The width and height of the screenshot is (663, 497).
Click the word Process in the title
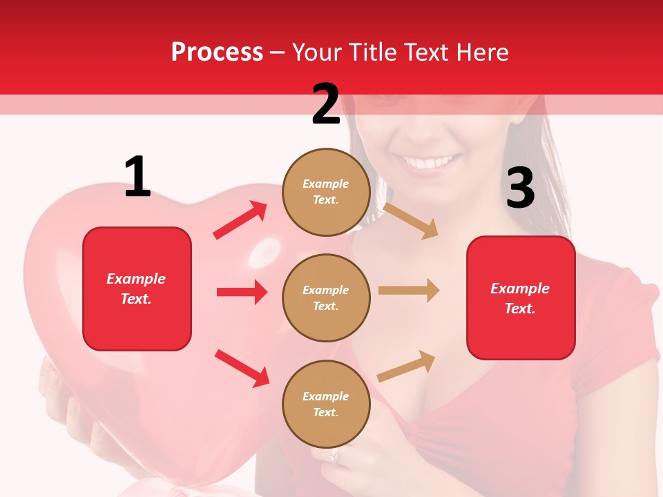point(217,52)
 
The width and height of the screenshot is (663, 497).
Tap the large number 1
point(137,177)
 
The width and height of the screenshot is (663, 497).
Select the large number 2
point(326,104)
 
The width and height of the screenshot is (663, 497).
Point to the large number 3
point(521,188)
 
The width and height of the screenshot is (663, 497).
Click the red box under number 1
point(137,289)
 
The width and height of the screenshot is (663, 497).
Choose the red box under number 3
point(521,298)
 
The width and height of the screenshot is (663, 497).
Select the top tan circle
point(326,192)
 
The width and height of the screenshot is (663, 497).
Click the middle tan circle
point(326,298)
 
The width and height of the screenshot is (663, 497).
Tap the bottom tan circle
point(326,405)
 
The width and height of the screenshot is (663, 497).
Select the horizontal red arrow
point(242,292)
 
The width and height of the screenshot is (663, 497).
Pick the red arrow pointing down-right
point(242,368)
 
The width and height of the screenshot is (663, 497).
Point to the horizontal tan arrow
point(409,291)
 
